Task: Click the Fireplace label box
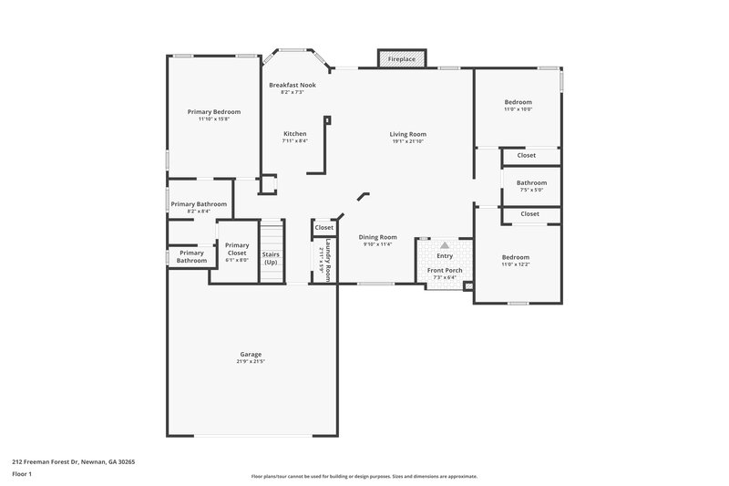coord(402,58)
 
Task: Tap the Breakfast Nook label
coord(292,85)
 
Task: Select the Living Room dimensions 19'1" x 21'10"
coord(408,141)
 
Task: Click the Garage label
coord(251,354)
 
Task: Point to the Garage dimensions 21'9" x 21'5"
coord(251,361)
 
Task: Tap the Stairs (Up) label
coord(271,258)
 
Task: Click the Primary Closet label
coord(237,248)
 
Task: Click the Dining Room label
coord(377,237)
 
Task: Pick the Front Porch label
coord(445,270)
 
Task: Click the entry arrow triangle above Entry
coord(445,245)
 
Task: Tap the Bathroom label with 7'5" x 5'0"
coord(531,182)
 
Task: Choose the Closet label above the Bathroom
coord(527,155)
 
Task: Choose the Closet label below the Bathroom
coord(530,213)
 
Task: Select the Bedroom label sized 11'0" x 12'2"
coord(515,257)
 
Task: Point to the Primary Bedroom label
coord(214,111)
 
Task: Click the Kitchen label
coord(295,133)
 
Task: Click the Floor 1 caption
coord(22,475)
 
